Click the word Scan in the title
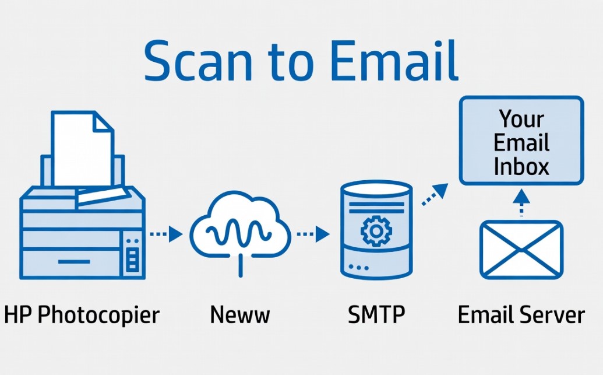click(x=198, y=61)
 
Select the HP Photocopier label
click(x=82, y=315)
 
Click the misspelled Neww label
click(x=240, y=314)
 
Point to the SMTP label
click(x=376, y=314)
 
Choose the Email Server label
click(x=521, y=314)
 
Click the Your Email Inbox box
click(x=521, y=141)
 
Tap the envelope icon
click(x=521, y=250)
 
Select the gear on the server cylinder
click(x=376, y=231)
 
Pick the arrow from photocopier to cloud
click(x=166, y=234)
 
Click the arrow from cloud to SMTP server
click(x=313, y=234)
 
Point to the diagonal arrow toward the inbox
click(x=435, y=194)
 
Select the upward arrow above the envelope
click(x=521, y=202)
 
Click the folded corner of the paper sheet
click(x=103, y=122)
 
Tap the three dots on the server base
click(x=358, y=267)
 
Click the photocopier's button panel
click(x=132, y=254)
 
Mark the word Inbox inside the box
click(x=521, y=166)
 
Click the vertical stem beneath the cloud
click(x=241, y=266)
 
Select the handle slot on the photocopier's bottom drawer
click(x=74, y=262)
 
